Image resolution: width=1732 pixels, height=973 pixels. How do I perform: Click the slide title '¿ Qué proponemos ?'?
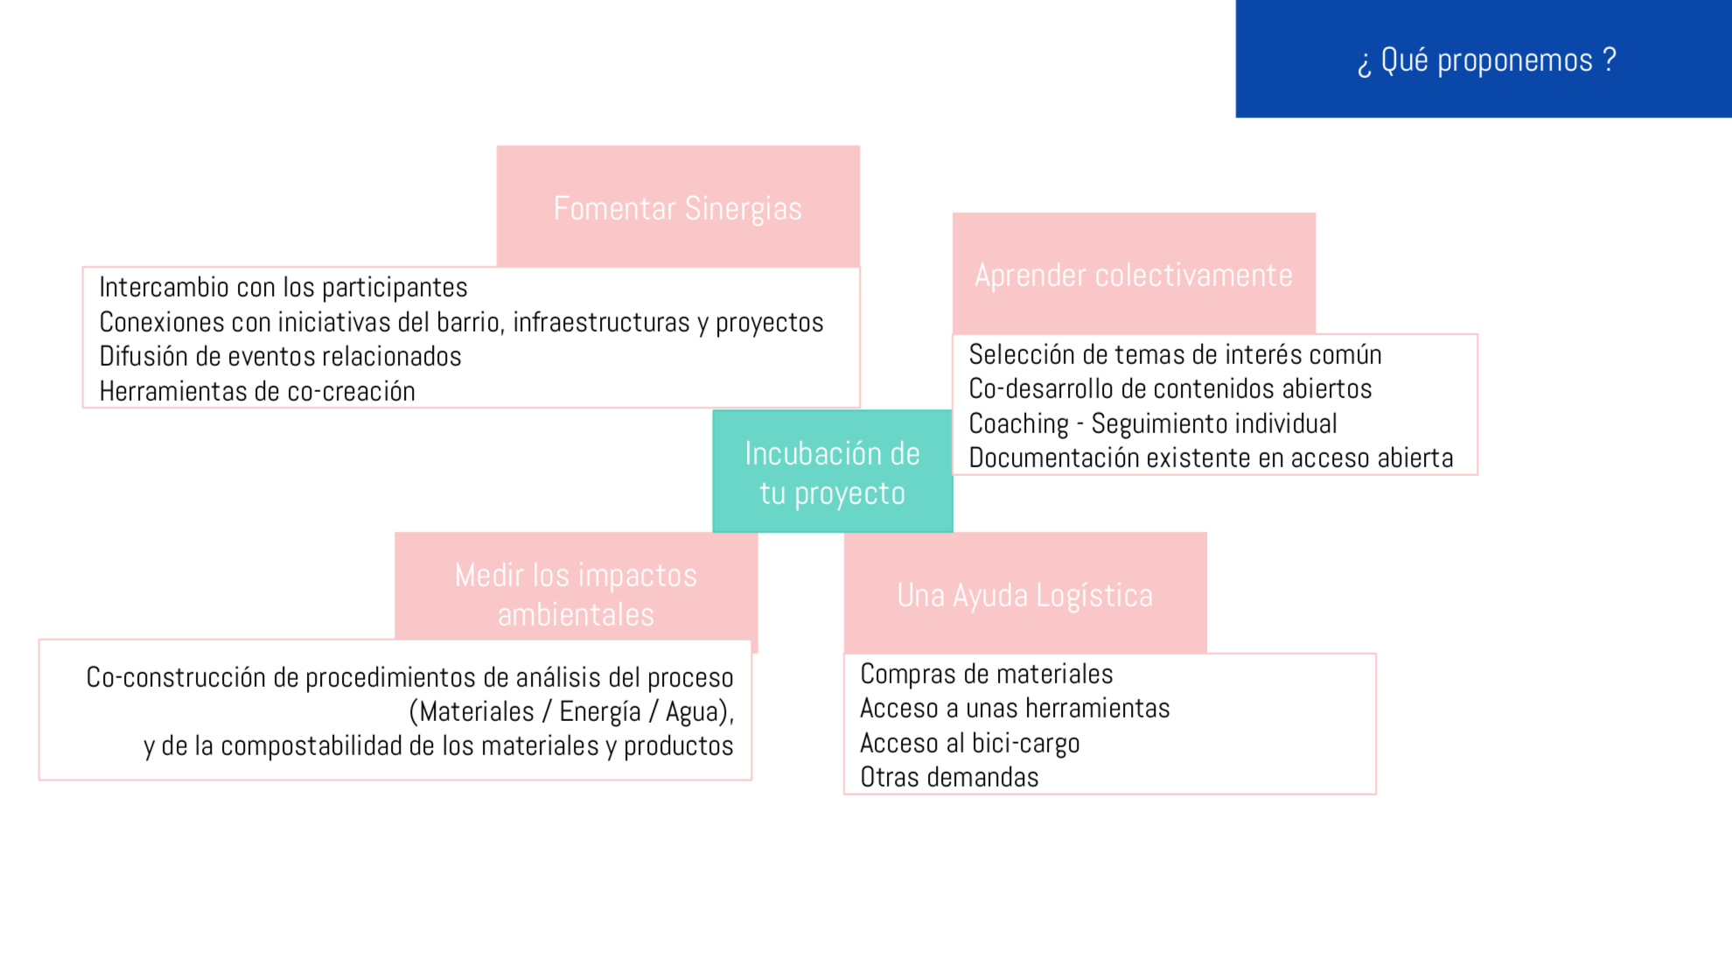[x=1486, y=60]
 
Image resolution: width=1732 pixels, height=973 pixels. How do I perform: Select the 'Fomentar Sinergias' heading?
[x=678, y=208]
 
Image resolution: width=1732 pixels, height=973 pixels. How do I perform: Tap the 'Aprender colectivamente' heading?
[x=1134, y=275]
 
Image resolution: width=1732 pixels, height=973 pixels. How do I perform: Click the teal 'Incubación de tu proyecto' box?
[x=833, y=472]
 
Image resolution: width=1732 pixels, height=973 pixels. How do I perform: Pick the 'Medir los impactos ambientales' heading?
[x=576, y=594]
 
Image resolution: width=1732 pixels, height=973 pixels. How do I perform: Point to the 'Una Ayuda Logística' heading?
[x=1025, y=595]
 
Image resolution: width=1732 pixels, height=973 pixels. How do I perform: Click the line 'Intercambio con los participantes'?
[x=283, y=287]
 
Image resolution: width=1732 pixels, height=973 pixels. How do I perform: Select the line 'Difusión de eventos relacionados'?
[x=280, y=356]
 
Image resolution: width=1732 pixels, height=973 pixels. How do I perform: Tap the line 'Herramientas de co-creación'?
[x=257, y=391]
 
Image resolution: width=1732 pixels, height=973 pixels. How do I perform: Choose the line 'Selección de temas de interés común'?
[x=1176, y=354]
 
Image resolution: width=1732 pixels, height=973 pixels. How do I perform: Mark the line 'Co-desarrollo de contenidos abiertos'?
[x=1170, y=388]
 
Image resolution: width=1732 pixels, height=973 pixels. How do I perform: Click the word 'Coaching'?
[x=1019, y=423]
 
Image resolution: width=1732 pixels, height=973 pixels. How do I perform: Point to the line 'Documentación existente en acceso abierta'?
[x=1211, y=458]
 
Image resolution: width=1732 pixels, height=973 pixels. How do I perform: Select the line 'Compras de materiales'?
[x=987, y=674]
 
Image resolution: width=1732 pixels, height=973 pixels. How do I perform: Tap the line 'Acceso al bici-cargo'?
[x=970, y=743]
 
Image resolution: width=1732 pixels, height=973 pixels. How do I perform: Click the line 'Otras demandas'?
[x=949, y=777]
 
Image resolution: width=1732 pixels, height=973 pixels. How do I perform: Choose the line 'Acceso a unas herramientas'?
[x=1015, y=708]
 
